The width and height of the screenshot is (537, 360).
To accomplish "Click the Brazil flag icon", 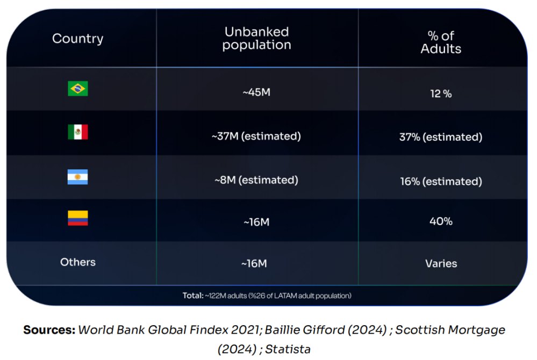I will tap(77, 89).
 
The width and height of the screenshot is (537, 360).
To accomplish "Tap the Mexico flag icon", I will tap(77, 132).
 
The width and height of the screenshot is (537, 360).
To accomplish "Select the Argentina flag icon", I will tap(77, 177).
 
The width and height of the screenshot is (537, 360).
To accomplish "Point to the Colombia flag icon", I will tap(77, 218).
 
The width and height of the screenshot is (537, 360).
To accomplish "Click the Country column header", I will tap(77, 39).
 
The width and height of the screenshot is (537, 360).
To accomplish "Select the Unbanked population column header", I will tap(256, 39).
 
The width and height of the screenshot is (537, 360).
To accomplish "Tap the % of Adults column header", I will tap(441, 42).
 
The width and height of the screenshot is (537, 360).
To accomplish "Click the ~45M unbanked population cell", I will tap(256, 92).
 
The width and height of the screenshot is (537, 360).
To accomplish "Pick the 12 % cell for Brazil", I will tap(441, 93).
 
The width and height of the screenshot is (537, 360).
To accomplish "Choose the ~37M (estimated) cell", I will tap(256, 136).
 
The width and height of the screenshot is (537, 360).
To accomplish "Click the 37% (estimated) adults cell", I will tap(441, 137).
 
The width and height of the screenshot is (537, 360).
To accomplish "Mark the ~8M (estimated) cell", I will tap(256, 180).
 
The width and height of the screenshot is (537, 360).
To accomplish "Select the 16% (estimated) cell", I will tap(441, 182).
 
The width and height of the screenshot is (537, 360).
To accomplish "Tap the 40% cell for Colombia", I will tap(441, 221).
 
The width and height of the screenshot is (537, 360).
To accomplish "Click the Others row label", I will tap(77, 262).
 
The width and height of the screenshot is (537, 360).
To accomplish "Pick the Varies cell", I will tap(441, 263).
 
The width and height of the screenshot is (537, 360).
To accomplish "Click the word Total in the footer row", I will tap(193, 296).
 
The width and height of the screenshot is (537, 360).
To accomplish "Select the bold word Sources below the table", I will tap(49, 330).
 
